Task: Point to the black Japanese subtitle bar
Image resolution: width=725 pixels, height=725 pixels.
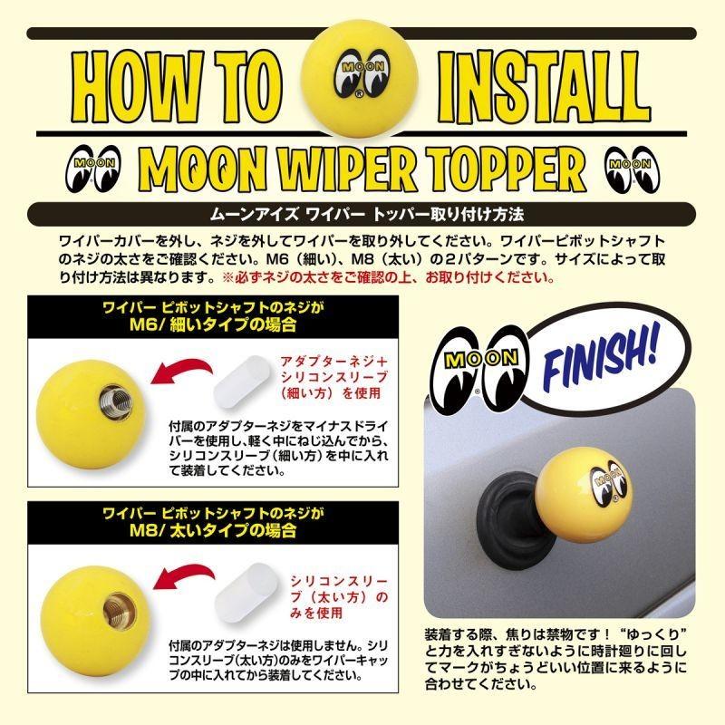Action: pos(362,216)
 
